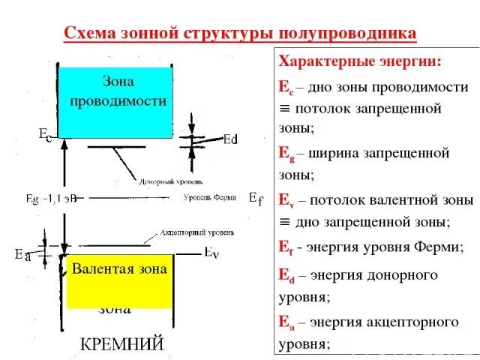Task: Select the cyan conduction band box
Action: [x=113, y=102]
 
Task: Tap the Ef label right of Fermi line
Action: [x=256, y=199]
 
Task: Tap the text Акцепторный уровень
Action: [x=193, y=232]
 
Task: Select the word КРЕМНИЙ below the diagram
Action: [x=122, y=344]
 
